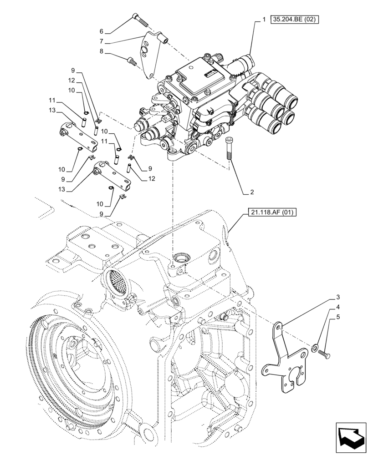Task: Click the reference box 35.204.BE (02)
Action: (x=295, y=20)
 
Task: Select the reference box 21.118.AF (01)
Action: (x=272, y=212)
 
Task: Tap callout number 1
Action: (x=264, y=20)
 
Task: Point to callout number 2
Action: (x=251, y=192)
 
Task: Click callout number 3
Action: (x=338, y=297)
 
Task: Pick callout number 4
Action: (x=338, y=307)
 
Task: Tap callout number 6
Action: (x=102, y=31)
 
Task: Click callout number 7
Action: (x=102, y=42)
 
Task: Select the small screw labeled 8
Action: (x=133, y=60)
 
